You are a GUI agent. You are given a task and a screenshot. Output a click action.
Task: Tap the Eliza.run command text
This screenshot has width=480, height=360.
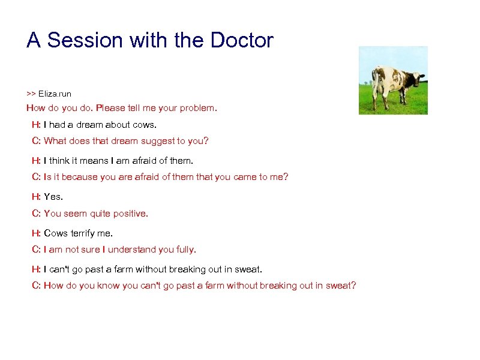point(55,94)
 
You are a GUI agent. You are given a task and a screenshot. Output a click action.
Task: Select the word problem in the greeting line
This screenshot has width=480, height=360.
point(198,108)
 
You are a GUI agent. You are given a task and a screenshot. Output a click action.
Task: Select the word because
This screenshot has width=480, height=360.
point(80,177)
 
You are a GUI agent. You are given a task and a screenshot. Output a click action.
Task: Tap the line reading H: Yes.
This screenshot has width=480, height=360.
point(47,197)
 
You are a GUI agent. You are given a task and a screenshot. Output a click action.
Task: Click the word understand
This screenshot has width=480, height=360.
point(142,249)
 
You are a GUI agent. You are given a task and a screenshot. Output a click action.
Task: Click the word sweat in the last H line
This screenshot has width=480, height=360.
point(249,269)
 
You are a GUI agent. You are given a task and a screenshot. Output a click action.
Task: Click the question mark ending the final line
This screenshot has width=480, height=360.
point(353,286)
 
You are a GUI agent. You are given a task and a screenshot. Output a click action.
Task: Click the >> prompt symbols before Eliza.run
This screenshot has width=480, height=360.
point(31,94)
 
